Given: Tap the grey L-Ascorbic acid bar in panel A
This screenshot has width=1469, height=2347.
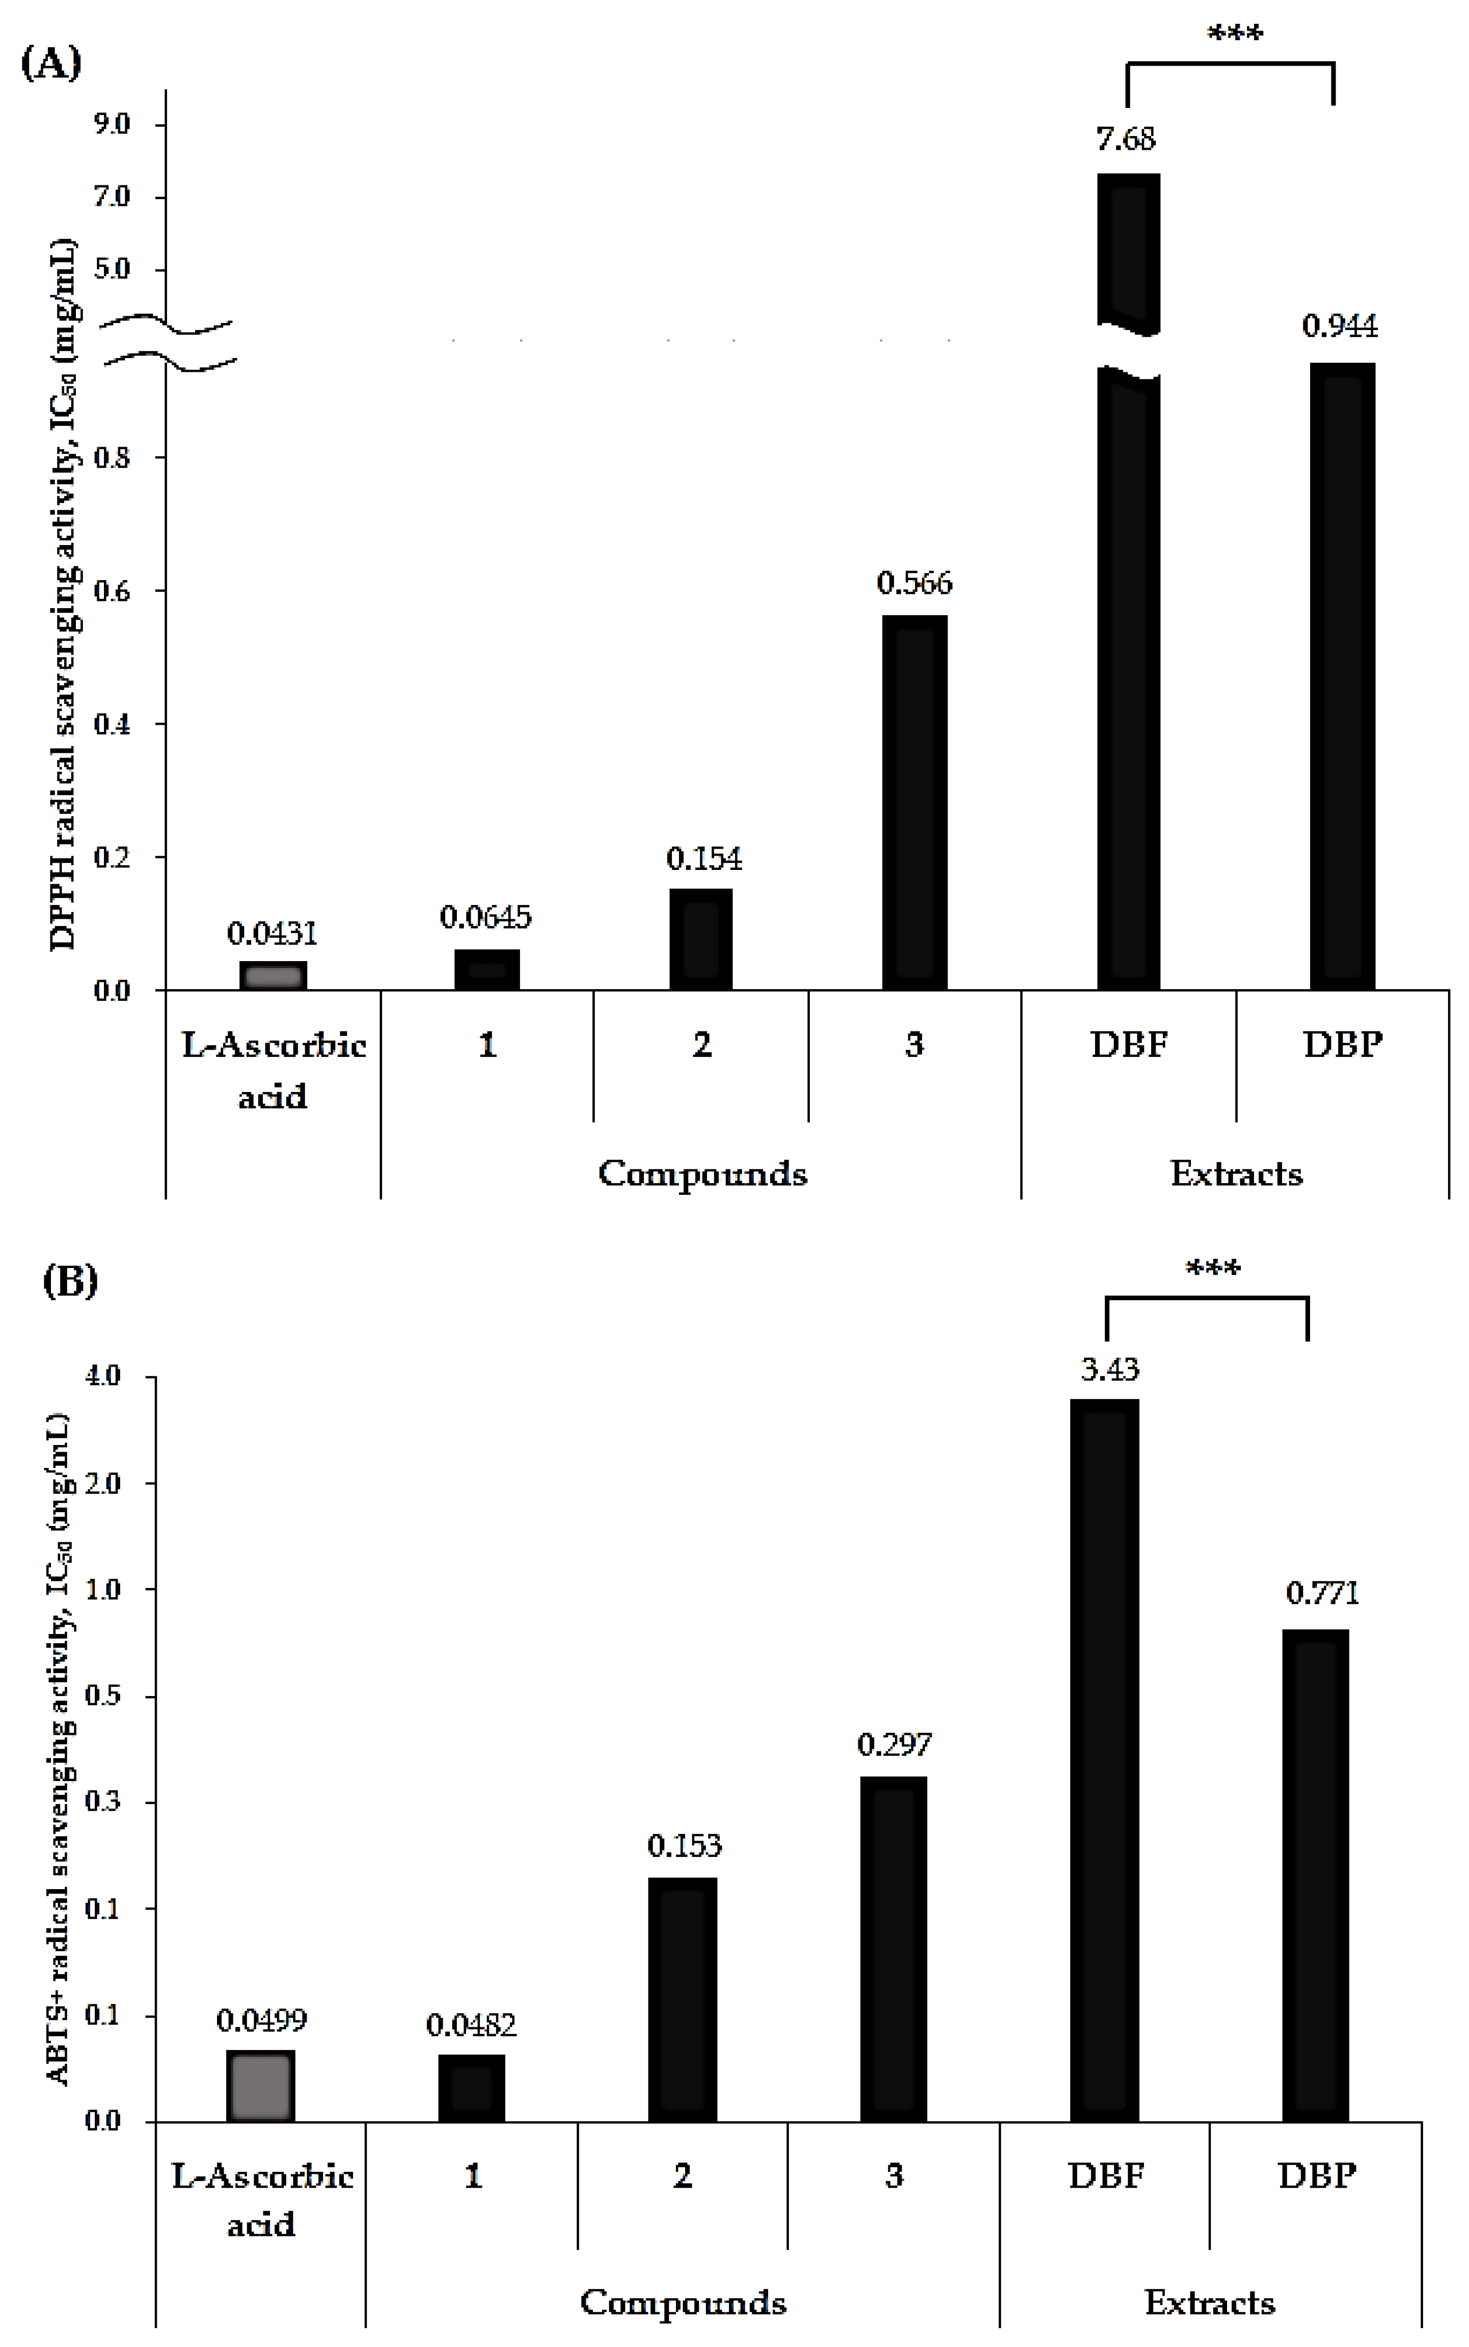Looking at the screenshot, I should coord(273,975).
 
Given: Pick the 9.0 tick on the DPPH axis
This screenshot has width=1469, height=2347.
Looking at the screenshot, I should coord(112,124).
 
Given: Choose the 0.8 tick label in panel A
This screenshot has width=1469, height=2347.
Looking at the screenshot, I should coord(112,457).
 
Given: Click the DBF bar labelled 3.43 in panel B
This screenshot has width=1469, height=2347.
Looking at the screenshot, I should coord(1105,1758).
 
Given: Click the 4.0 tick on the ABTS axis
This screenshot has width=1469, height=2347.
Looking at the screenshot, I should coord(103,1377).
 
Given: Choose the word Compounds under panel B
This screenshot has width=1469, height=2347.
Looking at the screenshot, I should coord(683,2302).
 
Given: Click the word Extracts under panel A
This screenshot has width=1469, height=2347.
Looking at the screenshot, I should coord(1236,1173).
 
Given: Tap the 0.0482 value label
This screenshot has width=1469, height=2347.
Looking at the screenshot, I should coord(471,2026).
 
